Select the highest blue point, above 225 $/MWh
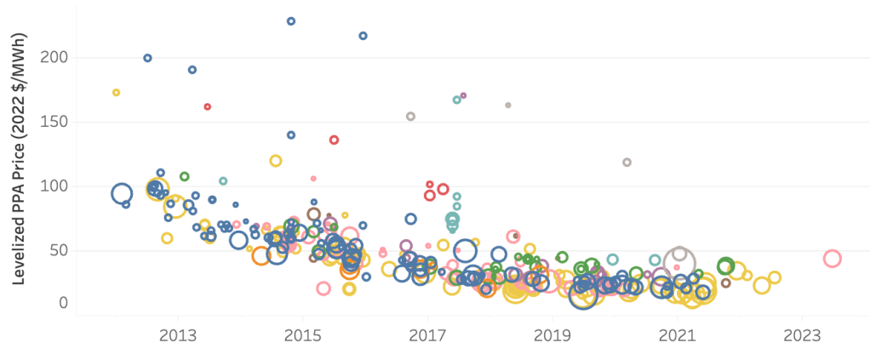pyautogui.click(x=291, y=21)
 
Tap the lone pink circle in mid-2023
pyautogui.click(x=833, y=259)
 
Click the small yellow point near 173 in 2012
pyautogui.click(x=117, y=93)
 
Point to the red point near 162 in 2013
pyautogui.click(x=208, y=107)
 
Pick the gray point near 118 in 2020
pyautogui.click(x=627, y=163)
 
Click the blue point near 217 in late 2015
pyautogui.click(x=363, y=36)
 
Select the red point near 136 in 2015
pyautogui.click(x=335, y=140)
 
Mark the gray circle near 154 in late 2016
pyautogui.click(x=410, y=117)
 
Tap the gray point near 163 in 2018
pyautogui.click(x=508, y=106)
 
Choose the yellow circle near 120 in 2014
pyautogui.click(x=276, y=161)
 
